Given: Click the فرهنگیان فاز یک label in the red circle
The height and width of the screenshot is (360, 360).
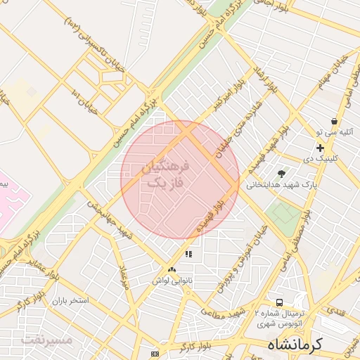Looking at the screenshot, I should pos(166,175).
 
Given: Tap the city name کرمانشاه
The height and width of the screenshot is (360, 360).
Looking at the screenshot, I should pos(294,345).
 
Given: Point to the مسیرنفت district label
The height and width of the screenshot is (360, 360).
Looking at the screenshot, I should pos(47,340).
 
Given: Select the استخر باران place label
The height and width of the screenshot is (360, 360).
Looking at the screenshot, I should pos(68,300).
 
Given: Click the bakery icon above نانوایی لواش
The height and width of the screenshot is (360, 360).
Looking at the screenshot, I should pos(172,270).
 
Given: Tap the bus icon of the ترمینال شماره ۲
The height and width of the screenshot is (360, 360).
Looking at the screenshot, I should pos(280,302).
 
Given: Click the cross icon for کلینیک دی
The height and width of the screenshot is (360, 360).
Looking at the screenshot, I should pos(321,148).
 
